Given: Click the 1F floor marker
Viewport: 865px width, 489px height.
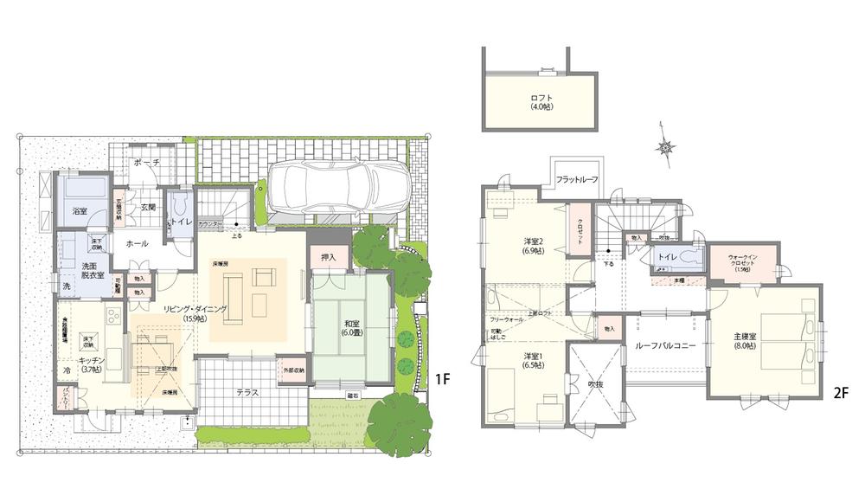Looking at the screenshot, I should pyautogui.click(x=443, y=379).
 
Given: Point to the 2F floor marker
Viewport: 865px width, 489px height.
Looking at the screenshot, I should pyautogui.click(x=839, y=392).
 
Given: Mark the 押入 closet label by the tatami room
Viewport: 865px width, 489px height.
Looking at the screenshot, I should pyautogui.click(x=328, y=257).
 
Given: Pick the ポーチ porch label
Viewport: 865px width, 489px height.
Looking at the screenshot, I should pyautogui.click(x=146, y=163).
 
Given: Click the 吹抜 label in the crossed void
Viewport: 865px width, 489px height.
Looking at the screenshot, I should pyautogui.click(x=594, y=383).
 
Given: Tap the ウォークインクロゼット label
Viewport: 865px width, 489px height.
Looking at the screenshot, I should pyautogui.click(x=741, y=261).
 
